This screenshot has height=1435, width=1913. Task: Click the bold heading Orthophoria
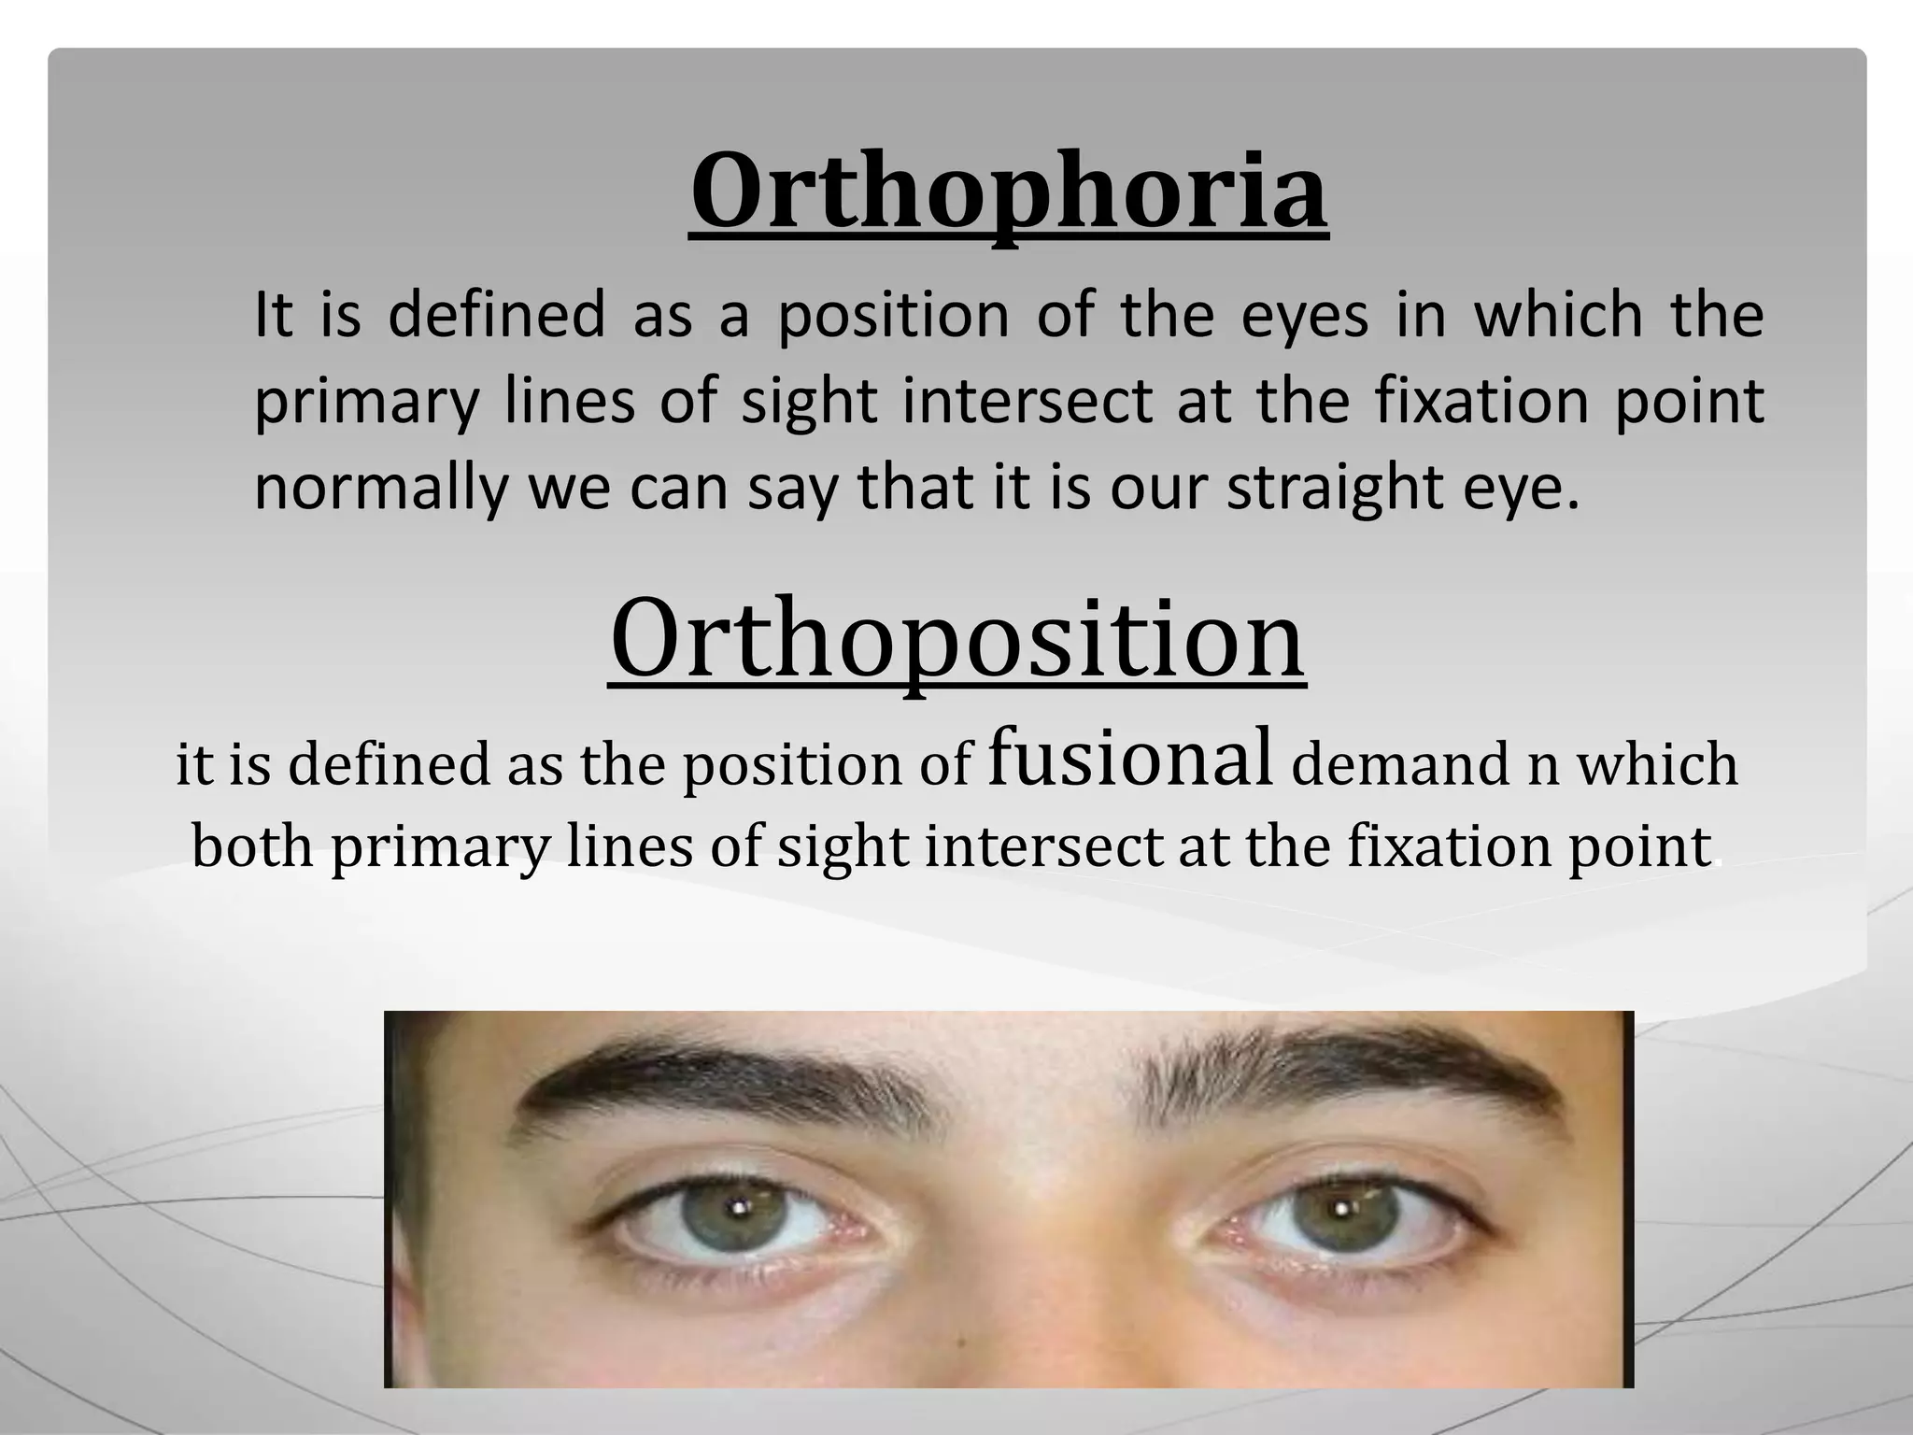[1009, 192]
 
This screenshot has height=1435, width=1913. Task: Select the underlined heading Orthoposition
[956, 638]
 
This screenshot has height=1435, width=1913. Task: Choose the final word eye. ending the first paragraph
[1522, 489]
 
